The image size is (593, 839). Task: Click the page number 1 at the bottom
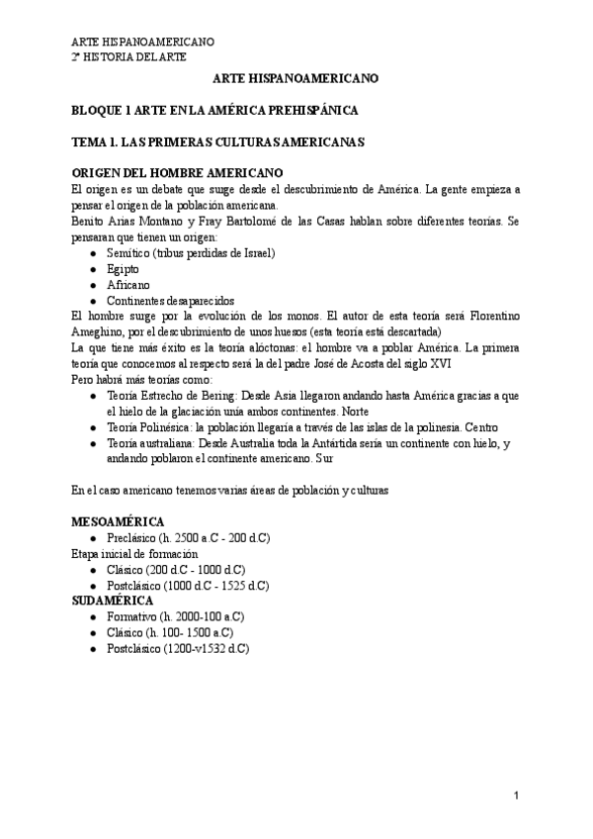pyautogui.click(x=516, y=795)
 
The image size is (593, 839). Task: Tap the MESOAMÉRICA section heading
pyautogui.click(x=119, y=521)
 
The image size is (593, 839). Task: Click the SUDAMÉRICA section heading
pyautogui.click(x=113, y=601)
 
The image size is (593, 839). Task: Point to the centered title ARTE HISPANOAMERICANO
pyautogui.click(x=295, y=77)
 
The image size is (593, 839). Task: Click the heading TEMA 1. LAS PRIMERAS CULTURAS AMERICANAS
pyautogui.click(x=219, y=141)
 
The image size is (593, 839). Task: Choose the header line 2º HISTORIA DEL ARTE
pyautogui.click(x=128, y=57)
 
